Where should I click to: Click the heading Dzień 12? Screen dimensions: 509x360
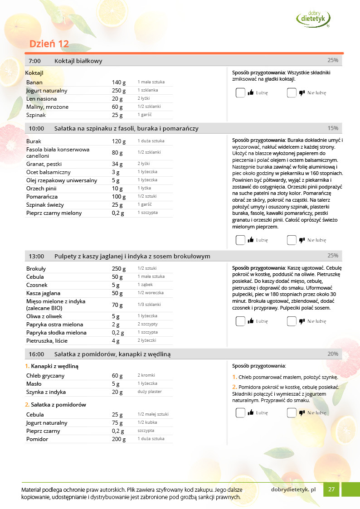pos(49,44)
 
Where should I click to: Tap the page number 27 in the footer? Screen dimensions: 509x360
pos(331,490)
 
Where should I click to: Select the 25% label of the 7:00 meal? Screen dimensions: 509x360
pos(333,60)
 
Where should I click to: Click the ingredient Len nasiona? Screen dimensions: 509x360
pos(42,99)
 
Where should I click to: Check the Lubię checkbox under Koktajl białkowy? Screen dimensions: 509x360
pos(240,93)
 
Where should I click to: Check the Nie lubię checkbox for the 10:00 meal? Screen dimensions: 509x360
pos(292,240)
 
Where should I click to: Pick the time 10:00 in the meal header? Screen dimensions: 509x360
pos(36,129)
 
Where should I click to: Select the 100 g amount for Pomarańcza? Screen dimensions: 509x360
pos(119,197)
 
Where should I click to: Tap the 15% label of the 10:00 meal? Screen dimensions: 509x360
pos(333,128)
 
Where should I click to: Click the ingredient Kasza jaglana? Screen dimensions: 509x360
pos(43,293)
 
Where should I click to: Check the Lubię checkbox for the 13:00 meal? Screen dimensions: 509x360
pos(240,321)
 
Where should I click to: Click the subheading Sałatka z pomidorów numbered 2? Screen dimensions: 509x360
pos(58,405)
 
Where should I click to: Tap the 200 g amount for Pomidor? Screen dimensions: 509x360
pos(119,439)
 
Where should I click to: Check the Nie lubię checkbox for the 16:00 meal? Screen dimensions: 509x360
pos(292,413)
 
